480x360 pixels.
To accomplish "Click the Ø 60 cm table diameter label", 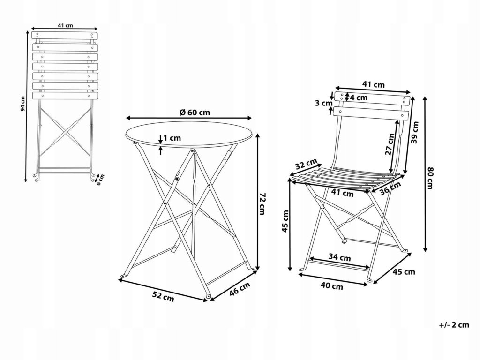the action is point(195,112).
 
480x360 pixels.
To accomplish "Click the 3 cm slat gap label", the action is point(323,104).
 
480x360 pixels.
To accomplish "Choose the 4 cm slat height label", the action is point(359,97).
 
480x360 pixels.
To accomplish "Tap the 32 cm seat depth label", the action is point(307,165).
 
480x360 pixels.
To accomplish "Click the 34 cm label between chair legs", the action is point(339,257).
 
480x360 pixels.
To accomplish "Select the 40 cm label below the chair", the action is point(332,286).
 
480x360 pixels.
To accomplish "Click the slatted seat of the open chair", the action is point(342,177).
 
